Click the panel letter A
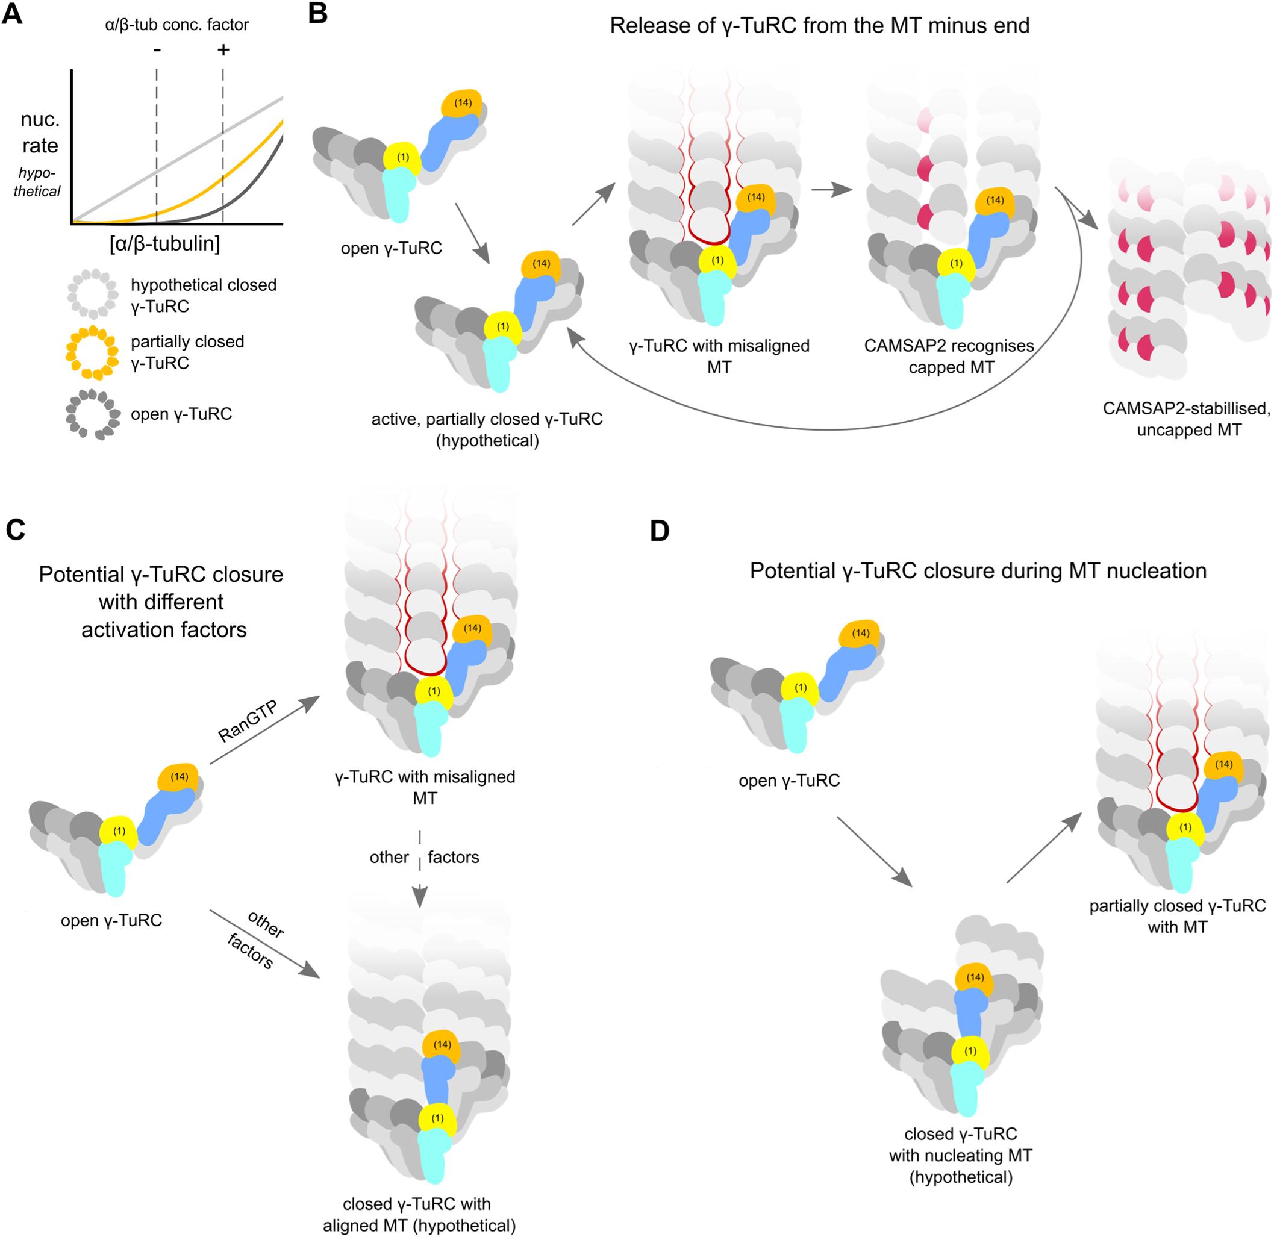click(13, 14)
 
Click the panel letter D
click(659, 531)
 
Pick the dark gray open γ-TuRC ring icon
click(92, 413)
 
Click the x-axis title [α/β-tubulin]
click(165, 244)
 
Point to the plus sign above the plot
click(223, 49)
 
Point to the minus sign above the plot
click(157, 49)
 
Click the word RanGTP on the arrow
click(248, 721)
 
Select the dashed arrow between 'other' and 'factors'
click(420, 868)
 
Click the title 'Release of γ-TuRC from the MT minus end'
click(819, 26)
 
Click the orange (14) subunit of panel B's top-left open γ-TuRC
click(462, 104)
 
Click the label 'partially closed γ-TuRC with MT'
click(1177, 916)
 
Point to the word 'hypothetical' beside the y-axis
click(37, 182)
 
